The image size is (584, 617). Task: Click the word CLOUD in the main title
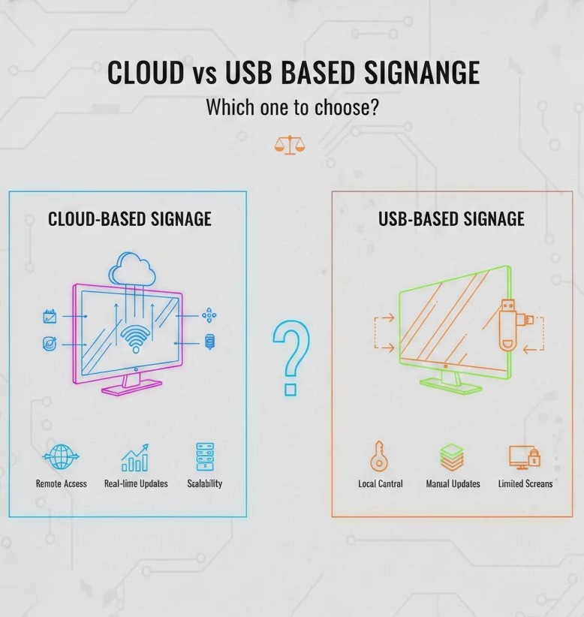click(146, 74)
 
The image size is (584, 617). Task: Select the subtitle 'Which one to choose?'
click(292, 107)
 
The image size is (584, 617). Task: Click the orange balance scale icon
click(290, 144)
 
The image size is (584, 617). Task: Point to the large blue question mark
click(290, 357)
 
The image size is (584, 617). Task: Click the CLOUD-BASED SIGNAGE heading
click(130, 219)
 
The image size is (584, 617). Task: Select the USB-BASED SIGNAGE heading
click(451, 219)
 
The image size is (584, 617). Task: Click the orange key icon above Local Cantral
click(379, 456)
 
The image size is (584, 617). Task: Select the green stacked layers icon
click(452, 456)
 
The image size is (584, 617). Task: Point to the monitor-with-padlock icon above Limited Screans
click(525, 456)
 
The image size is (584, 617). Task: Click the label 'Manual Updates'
click(453, 484)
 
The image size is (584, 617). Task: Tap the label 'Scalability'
click(205, 484)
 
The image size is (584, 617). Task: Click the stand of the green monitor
click(450, 381)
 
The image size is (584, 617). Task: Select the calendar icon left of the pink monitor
click(50, 317)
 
